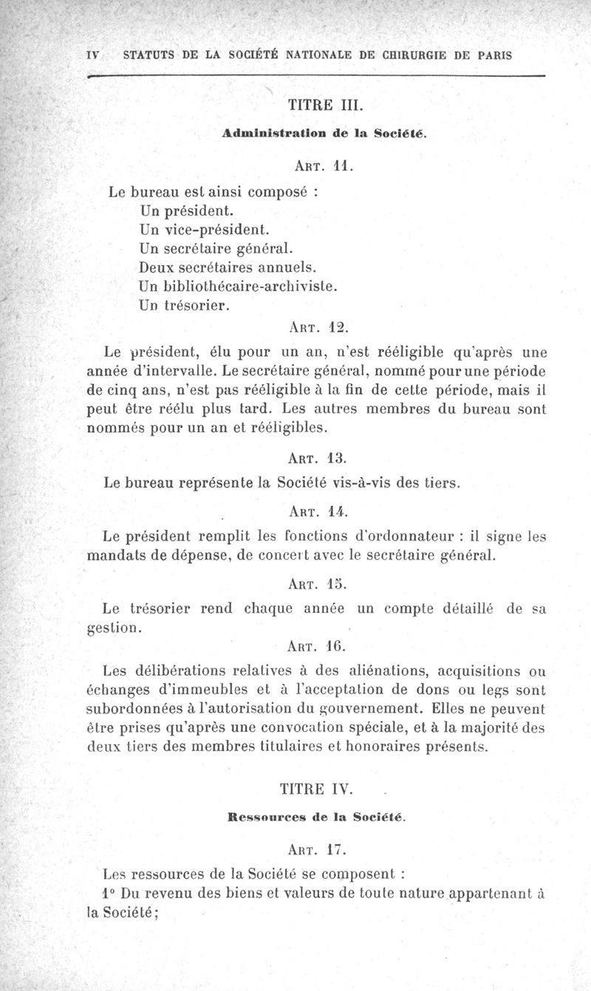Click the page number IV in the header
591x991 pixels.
pos(92,55)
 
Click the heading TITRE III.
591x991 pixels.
pos(324,105)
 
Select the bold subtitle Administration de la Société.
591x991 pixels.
pos(324,134)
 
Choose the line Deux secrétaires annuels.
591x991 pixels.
pos(216,265)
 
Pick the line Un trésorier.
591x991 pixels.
pos(182,303)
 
